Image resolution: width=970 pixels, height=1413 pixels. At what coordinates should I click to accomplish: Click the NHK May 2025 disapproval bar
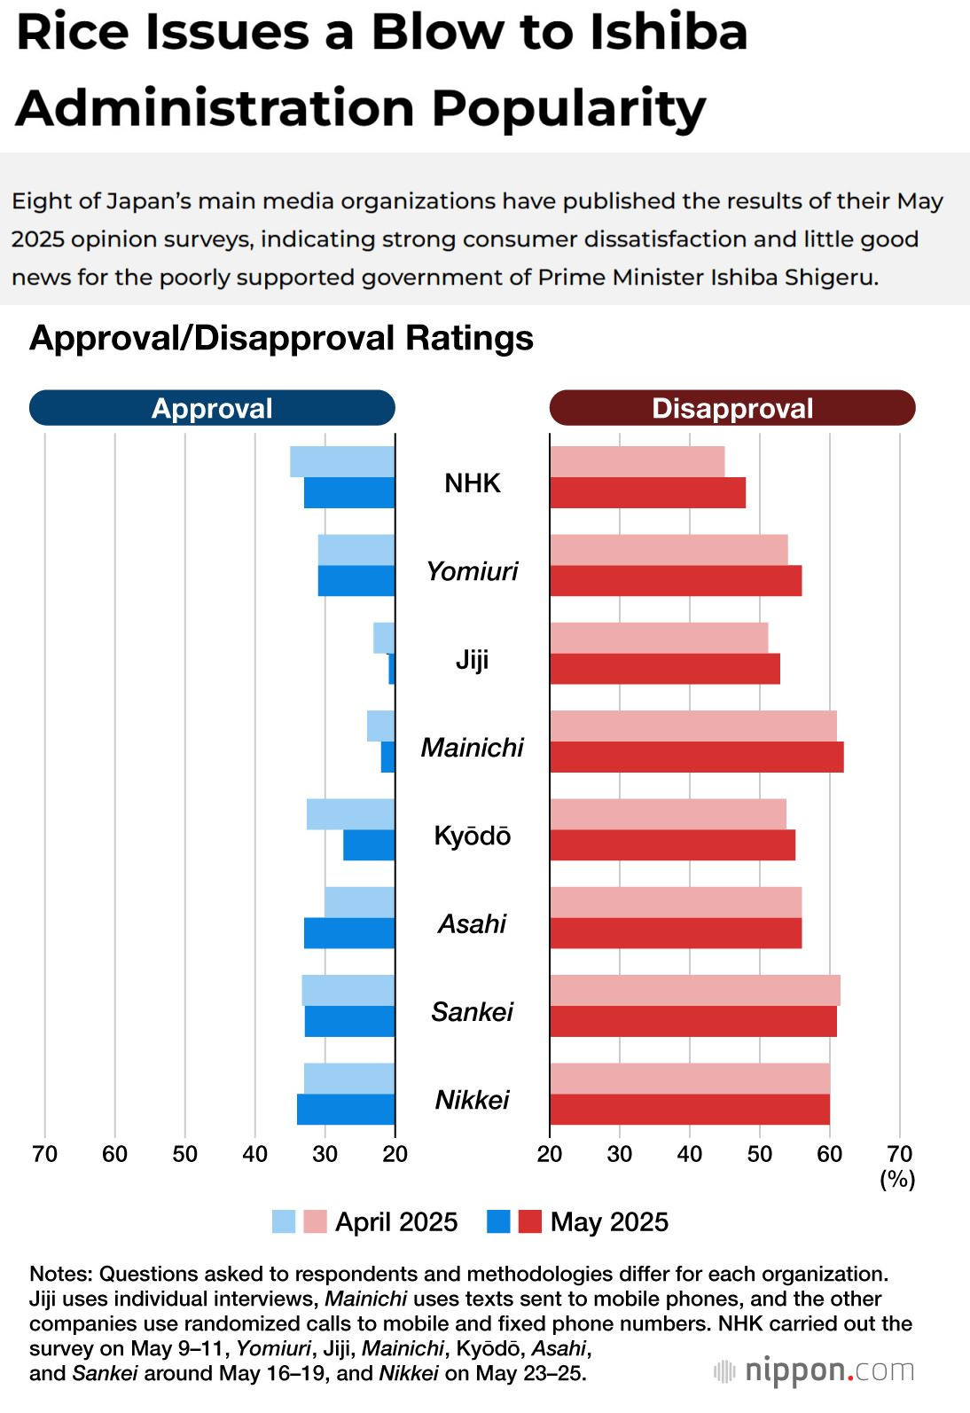pos(647,493)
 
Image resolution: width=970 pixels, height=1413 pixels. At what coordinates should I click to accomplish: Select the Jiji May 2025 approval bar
pos(391,669)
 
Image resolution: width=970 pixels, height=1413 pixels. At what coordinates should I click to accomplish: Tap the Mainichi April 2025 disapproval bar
pos(692,726)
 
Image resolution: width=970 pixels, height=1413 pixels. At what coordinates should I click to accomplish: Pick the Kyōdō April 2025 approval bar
pos(350,814)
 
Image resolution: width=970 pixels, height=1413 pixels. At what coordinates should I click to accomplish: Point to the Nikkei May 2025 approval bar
pos(346,1110)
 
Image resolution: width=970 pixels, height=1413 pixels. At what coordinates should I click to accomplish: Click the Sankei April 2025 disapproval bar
pos(694,990)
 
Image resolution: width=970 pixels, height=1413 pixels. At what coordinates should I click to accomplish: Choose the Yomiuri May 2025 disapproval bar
pos(676,581)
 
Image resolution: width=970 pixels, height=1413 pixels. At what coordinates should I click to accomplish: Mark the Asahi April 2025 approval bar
pos(359,902)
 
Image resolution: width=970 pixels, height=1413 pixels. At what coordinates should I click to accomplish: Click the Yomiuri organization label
pos(472,571)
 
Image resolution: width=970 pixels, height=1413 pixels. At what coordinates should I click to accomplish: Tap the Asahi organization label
pos(472,924)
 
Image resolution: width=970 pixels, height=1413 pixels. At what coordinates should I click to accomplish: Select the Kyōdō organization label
pos(472,836)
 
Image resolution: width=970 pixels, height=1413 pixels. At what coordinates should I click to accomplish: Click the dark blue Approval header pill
pos(212,408)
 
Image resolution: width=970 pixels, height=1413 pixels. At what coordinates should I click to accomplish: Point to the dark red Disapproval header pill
pos(732,408)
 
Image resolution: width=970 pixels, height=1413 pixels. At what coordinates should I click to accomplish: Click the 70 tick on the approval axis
pos(44,1154)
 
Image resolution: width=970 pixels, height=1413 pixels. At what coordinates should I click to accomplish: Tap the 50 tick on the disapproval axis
pos(760,1154)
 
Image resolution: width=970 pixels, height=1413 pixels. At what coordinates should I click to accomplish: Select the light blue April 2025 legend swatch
pos(284,1221)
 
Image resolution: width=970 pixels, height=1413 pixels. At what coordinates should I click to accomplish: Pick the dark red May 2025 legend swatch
pos(529,1221)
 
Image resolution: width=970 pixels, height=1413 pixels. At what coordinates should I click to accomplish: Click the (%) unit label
pos(897,1179)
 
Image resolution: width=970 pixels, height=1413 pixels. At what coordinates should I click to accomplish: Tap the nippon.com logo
pos(814,1371)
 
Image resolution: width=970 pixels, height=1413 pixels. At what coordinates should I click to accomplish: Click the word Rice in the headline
pos(74,32)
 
